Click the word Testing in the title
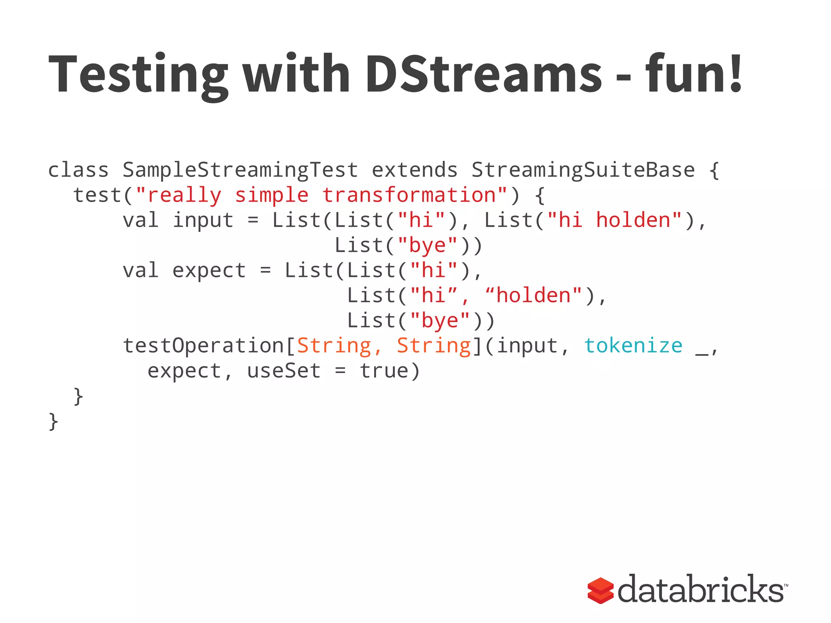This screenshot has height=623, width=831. (x=138, y=75)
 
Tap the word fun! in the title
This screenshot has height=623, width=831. (x=694, y=75)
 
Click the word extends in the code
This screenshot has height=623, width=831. (x=415, y=170)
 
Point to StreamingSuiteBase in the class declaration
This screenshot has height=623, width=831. (x=583, y=170)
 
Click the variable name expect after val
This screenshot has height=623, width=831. (x=209, y=271)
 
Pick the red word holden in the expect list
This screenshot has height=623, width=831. (x=533, y=296)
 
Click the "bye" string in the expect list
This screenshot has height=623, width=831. (x=440, y=321)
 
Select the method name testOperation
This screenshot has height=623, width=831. (x=203, y=346)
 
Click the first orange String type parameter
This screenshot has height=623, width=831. (x=334, y=346)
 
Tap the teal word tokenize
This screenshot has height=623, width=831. (x=633, y=346)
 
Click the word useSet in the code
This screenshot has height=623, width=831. (x=284, y=371)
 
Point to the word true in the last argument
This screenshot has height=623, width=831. (x=384, y=371)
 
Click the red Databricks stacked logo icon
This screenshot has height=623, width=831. (x=600, y=590)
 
